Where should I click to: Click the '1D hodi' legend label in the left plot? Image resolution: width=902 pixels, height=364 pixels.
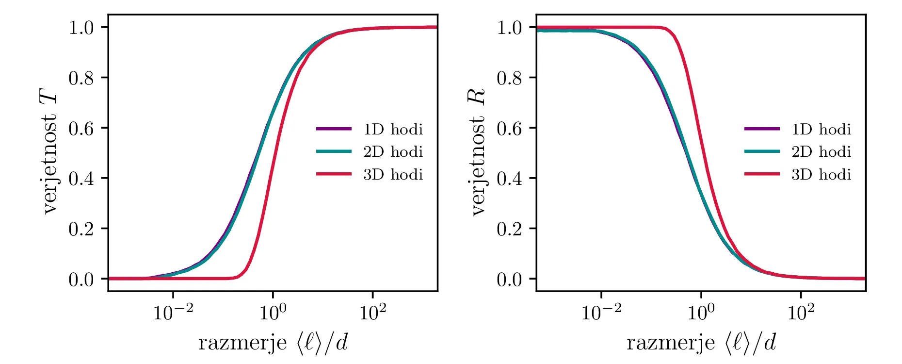coord(393,129)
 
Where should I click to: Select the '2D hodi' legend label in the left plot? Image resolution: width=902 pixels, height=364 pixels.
coord(393,152)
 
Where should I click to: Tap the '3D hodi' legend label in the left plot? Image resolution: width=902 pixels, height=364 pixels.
coord(393,174)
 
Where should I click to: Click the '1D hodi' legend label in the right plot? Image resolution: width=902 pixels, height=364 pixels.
coord(821,129)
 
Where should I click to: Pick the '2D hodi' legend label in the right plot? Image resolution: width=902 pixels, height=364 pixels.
coord(821,152)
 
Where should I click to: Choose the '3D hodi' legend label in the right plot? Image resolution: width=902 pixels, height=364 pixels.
coord(821,174)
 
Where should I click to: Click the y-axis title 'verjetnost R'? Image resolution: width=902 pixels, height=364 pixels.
coord(478,151)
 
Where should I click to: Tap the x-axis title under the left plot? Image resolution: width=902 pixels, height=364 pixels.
coord(273,343)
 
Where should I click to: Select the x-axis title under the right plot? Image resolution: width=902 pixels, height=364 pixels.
coord(701,343)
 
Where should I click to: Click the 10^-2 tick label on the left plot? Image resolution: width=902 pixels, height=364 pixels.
coord(173,313)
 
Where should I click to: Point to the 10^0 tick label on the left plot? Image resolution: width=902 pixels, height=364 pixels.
coord(273,313)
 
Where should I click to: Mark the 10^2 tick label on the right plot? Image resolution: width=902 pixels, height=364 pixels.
coord(801,313)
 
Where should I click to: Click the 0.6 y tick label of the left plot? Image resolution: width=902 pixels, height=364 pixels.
coord(81,128)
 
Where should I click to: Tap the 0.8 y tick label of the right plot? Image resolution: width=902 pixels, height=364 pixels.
coord(509,78)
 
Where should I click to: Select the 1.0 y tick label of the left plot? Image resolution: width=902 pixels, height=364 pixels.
coord(81,28)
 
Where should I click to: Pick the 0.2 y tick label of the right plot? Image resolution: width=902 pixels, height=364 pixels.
coord(509,229)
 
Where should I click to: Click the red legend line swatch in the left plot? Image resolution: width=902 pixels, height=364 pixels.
coord(334,174)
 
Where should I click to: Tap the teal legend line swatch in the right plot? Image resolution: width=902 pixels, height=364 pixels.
coord(762,151)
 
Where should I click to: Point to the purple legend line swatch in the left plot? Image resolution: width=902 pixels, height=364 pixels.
coord(334,129)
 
